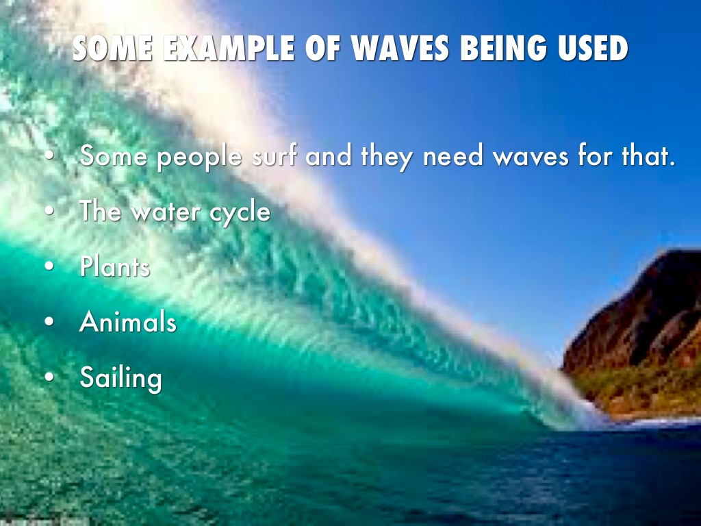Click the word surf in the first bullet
pyautogui.click(x=274, y=157)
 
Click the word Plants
pyautogui.click(x=114, y=266)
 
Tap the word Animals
pyautogui.click(x=128, y=321)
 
